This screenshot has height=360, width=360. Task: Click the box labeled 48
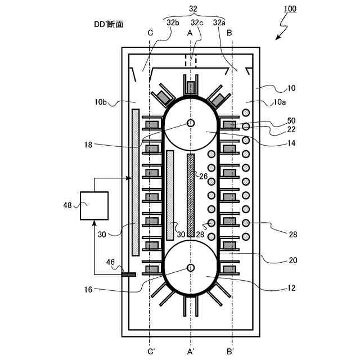click(94, 205)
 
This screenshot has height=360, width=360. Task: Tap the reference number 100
click(290, 9)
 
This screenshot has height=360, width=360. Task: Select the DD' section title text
click(109, 25)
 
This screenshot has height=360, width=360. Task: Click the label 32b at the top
click(173, 22)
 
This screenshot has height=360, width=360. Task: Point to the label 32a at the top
click(219, 22)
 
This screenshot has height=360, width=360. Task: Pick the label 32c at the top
click(196, 22)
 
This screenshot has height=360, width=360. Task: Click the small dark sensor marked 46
click(129, 274)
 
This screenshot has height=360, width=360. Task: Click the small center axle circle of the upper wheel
click(191, 123)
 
